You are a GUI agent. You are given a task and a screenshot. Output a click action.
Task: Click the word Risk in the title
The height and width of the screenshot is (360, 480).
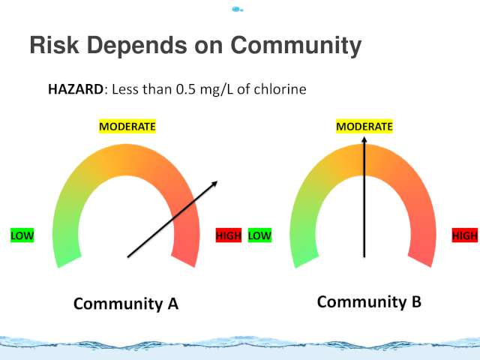[54, 45]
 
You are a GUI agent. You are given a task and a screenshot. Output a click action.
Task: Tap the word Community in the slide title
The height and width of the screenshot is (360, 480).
[295, 46]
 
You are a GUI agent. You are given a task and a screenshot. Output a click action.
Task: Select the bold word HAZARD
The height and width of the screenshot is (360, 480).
[76, 89]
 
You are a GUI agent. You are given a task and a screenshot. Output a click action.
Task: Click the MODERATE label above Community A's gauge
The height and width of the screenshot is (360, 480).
[127, 127]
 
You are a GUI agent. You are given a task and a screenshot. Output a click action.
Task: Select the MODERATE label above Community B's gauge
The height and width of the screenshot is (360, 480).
[364, 127]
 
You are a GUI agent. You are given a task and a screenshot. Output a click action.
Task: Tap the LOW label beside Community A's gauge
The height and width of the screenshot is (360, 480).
[22, 235]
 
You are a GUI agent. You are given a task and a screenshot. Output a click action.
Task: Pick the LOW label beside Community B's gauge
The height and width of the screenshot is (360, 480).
[259, 235]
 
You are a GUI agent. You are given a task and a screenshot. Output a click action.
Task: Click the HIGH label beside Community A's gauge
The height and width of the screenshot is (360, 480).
[229, 235]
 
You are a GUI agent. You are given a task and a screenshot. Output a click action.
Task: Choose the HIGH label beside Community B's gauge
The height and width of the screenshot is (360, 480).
[465, 235]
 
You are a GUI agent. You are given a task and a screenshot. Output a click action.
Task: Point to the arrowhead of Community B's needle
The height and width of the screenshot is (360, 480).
[364, 139]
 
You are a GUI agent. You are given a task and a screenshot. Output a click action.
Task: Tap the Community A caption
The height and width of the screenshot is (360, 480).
[126, 304]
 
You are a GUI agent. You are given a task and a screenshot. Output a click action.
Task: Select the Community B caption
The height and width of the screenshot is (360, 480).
[369, 301]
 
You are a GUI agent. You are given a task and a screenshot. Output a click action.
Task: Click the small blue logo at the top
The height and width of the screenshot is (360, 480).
[237, 10]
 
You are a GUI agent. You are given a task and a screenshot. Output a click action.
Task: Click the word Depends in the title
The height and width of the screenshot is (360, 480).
[136, 46]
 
